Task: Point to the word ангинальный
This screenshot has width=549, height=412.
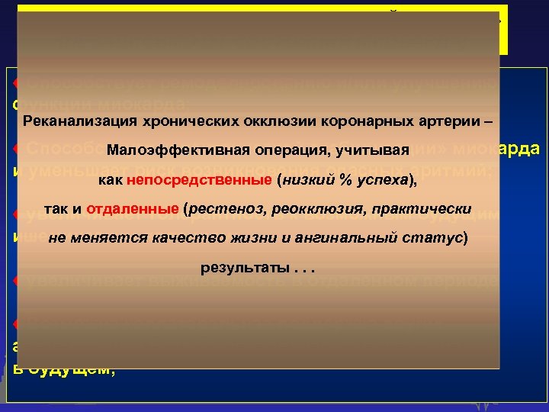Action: pos(347,239)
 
